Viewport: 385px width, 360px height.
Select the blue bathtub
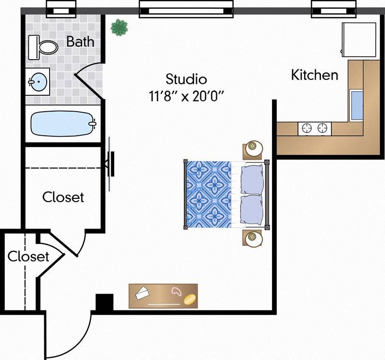coord(63,124)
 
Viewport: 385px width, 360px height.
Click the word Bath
coord(80,41)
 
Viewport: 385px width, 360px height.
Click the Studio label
coord(186,79)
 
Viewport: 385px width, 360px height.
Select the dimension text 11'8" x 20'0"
coord(187,95)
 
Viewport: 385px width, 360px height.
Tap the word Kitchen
coord(315,75)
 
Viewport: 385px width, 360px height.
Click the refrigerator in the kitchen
coord(359,39)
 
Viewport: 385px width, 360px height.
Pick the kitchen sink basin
coord(357,105)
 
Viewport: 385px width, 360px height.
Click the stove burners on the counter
coord(315,128)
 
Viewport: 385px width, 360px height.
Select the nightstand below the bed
coord(253,238)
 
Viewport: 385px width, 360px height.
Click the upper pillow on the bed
coord(252,179)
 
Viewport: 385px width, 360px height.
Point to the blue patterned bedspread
coord(208,193)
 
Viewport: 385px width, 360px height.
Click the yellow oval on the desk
coord(190,299)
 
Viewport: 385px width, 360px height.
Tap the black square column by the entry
coord(104,303)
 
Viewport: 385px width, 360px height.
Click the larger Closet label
coord(63,197)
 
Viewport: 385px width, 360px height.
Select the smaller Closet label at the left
coord(28,257)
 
